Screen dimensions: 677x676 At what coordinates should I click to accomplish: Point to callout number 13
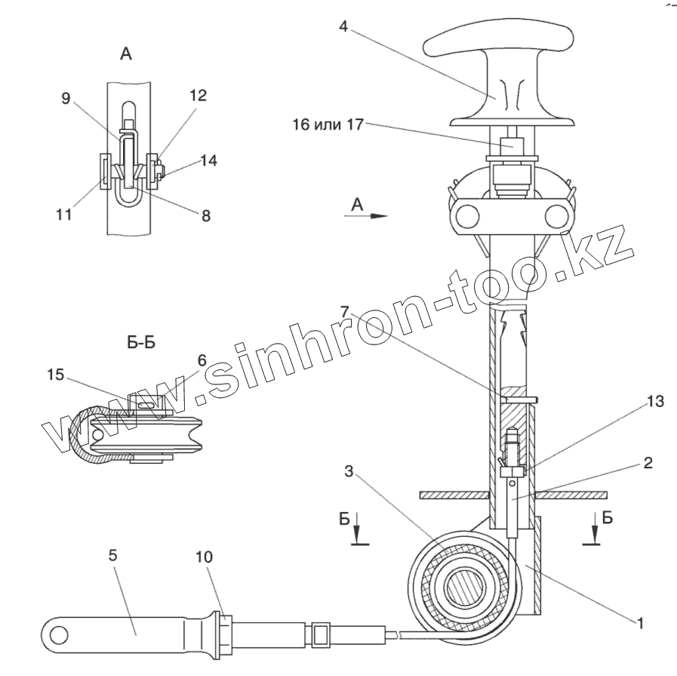[x=655, y=402]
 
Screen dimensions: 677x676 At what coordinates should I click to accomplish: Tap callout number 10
[x=204, y=557]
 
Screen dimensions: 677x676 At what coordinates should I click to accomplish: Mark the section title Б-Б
[x=140, y=341]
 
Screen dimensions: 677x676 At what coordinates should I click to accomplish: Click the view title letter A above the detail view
[x=126, y=54]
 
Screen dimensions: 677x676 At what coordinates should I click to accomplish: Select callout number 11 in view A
[x=63, y=215]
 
